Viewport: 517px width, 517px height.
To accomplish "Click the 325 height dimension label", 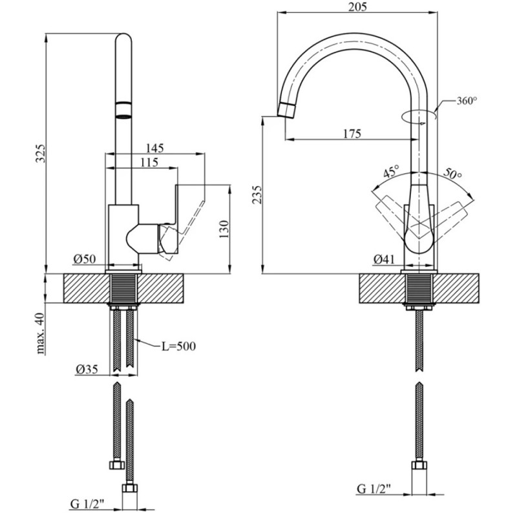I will (40, 154).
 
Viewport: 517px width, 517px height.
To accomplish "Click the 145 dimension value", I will (155, 148).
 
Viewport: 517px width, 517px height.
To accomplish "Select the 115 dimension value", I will (148, 163).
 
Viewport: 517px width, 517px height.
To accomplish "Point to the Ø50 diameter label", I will (85, 258).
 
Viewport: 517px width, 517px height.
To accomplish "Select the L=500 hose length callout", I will (178, 346).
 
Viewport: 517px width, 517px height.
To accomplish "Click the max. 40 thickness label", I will (40, 333).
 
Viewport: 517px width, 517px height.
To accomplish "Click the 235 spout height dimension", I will (257, 195).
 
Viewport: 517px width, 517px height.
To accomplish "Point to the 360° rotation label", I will (466, 101).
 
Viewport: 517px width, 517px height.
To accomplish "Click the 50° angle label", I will (454, 174).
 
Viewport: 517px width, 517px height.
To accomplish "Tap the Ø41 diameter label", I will (384, 259).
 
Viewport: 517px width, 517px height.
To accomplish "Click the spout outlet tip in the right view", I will (285, 109).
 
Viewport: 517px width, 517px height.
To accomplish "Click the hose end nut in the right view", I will (418, 467).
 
